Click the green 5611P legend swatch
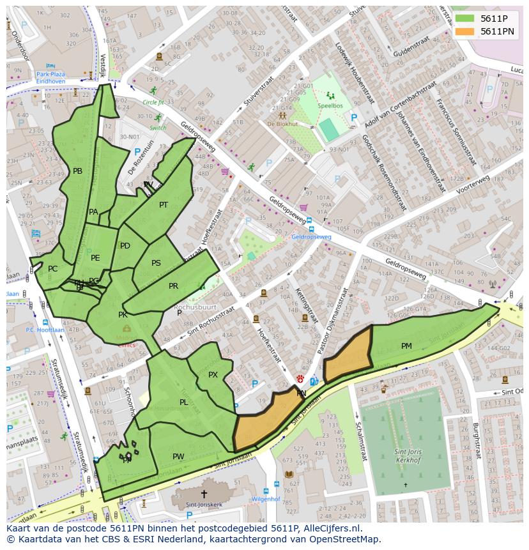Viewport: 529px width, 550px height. tap(464, 19)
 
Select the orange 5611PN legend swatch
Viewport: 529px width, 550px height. tap(464, 31)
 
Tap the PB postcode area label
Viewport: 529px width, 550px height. tap(77, 171)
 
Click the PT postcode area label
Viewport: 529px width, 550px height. tap(164, 205)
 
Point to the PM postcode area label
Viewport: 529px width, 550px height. tap(406, 346)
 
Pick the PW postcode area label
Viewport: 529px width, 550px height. tap(178, 456)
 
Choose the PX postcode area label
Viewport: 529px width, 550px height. tap(213, 375)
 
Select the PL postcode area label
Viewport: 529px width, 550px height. tap(184, 402)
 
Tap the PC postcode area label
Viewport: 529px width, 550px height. tap(52, 269)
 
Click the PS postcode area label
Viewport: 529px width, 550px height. tap(156, 263)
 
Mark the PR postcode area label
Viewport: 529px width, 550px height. tap(173, 286)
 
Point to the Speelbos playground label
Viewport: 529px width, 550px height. tap(330, 105)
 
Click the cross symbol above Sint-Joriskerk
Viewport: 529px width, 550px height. tap(204, 494)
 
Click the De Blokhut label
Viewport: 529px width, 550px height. tap(280, 124)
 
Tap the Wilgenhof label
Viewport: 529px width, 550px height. tap(266, 499)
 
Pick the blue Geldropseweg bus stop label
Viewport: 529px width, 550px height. tap(311, 236)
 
